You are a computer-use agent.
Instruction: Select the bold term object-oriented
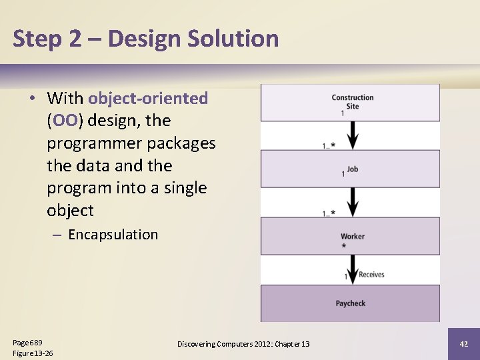pyautogui.click(x=148, y=99)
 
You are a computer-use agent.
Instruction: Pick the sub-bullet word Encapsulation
pyautogui.click(x=113, y=235)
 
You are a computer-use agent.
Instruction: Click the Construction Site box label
pyautogui.click(x=353, y=101)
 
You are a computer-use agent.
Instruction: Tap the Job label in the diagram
pyautogui.click(x=353, y=169)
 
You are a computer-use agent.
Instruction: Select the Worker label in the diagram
pyautogui.click(x=353, y=237)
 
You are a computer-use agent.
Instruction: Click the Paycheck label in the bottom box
pyautogui.click(x=351, y=303)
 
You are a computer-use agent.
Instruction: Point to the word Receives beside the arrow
pyautogui.click(x=371, y=275)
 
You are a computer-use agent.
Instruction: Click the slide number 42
pyautogui.click(x=464, y=343)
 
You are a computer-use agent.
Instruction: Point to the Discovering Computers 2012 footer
pyautogui.click(x=243, y=344)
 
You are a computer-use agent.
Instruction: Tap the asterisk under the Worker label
pyautogui.click(x=344, y=246)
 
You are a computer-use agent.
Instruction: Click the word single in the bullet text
pyautogui.click(x=184, y=188)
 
